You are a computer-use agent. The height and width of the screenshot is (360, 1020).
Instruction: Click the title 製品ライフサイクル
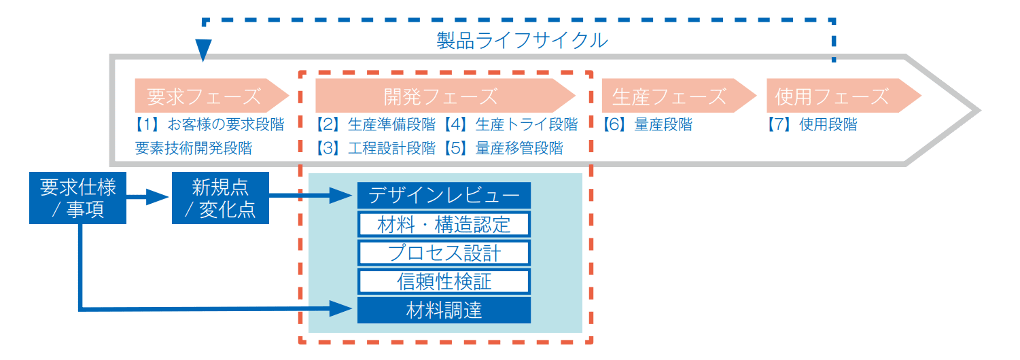coord(522,41)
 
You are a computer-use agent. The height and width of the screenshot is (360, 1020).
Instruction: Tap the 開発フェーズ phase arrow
coord(442,96)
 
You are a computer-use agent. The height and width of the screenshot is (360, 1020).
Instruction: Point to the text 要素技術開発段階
coord(193,148)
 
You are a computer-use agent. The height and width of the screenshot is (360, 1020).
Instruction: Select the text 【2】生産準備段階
coord(375,125)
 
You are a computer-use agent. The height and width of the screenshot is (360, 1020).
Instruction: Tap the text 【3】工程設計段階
coord(375,148)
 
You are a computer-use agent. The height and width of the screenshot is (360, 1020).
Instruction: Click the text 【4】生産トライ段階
coord(510,125)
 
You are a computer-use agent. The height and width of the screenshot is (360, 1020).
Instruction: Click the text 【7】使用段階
coord(812,125)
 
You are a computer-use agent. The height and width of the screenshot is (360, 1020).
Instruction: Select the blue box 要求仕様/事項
coord(77,198)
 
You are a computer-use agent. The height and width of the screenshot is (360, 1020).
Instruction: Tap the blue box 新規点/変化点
coord(220,198)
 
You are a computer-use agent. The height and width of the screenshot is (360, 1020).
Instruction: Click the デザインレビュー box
coord(444,196)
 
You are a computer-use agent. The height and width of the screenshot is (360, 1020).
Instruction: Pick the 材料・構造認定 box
coord(444,224)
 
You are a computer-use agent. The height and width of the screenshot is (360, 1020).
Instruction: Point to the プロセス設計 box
coord(444,253)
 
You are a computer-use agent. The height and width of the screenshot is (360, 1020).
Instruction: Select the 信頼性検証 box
coord(444,281)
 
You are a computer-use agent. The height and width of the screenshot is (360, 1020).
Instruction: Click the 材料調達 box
coord(444,310)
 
